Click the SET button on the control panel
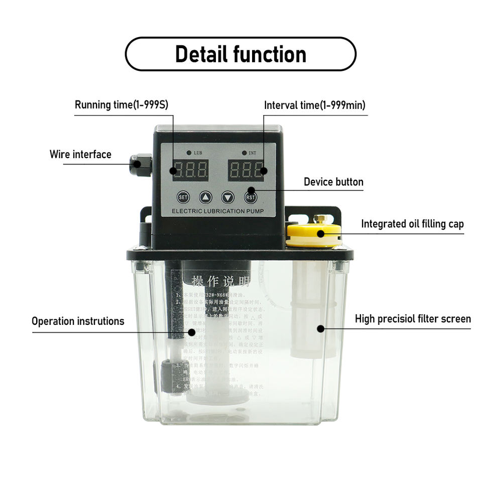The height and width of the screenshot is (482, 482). (183, 197)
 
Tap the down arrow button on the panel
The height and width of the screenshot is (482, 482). (228, 197)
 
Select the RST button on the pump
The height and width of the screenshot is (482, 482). (251, 197)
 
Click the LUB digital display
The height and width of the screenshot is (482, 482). (190, 171)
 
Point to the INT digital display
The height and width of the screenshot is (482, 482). (246, 171)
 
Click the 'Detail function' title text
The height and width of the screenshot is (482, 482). (240, 54)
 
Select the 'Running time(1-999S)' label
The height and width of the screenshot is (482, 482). (122, 105)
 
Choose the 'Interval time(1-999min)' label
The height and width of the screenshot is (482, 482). (315, 105)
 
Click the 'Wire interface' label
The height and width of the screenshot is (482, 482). (80, 154)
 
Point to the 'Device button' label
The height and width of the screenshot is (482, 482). (333, 182)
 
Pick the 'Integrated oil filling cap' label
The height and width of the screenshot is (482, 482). (412, 224)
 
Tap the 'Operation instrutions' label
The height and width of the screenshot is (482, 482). (78, 321)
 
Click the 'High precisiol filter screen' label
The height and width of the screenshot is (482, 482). (413, 319)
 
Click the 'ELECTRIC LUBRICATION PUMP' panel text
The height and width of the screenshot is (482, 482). (217, 211)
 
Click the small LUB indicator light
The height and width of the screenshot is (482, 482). (189, 152)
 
